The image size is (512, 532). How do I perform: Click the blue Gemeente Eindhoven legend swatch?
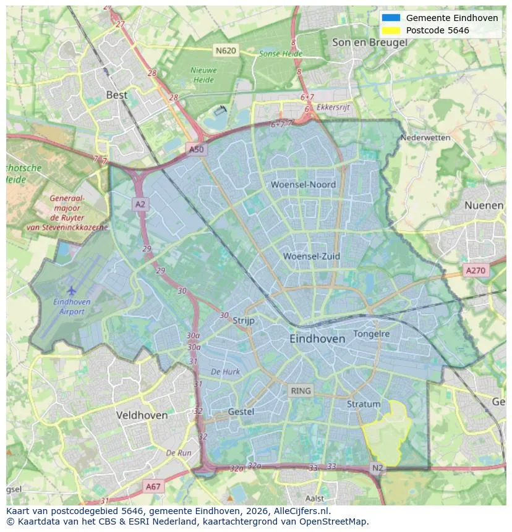391,18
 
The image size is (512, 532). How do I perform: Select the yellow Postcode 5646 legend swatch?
391,30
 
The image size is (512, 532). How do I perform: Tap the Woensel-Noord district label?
303,185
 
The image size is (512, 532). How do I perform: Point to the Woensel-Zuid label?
312,256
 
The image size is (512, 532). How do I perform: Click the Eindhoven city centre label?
317,339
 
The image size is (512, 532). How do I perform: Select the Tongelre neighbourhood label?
372,334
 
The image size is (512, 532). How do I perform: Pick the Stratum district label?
364,404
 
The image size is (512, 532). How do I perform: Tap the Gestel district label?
241,412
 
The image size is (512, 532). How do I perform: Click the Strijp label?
244,320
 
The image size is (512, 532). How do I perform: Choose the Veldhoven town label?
142,415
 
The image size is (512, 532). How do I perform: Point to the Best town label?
117,95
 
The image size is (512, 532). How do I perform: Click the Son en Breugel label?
369,43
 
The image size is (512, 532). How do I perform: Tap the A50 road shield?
195,150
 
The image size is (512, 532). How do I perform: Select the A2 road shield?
140,204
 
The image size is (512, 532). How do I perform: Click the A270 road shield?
476,271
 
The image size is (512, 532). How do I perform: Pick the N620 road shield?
226,50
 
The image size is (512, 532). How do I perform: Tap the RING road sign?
301,391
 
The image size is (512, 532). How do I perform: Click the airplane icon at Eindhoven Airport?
72,290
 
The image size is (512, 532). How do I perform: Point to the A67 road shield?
153,487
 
